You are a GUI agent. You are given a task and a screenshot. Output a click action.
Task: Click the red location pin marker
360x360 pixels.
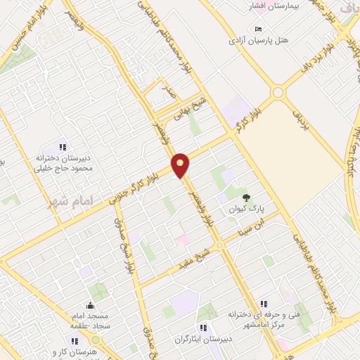181,165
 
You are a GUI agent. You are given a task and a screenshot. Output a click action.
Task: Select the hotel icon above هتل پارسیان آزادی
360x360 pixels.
259,29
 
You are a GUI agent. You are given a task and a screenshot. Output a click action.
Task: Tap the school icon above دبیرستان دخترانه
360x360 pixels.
63,147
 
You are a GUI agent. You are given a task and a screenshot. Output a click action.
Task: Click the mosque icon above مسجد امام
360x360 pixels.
89,305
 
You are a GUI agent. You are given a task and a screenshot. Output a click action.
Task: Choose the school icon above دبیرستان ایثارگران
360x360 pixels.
203,327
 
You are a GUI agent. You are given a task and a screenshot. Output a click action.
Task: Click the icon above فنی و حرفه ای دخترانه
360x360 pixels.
263,304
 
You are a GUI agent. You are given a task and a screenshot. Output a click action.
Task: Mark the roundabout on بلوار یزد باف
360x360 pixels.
278,92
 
